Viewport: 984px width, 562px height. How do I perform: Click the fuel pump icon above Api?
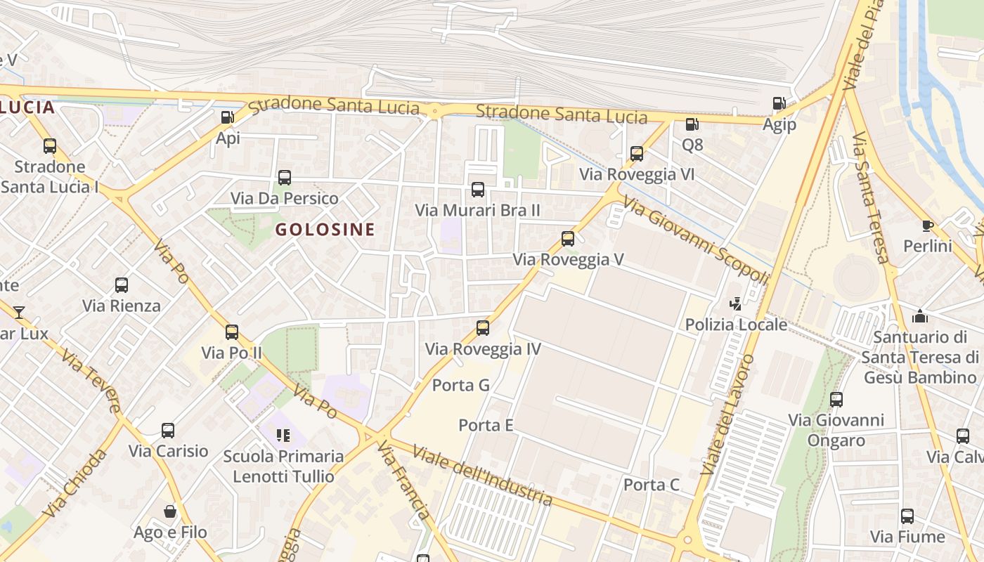point(228,117)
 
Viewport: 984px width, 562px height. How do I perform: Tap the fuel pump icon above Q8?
point(692,124)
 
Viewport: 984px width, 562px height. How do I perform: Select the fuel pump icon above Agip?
point(779,103)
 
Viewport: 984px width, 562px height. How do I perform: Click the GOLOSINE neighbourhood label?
point(325,229)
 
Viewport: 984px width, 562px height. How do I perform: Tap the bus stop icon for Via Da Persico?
point(285,178)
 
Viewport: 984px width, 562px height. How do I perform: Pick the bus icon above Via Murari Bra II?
point(478,189)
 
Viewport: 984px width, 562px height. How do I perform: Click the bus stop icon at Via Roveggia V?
point(568,239)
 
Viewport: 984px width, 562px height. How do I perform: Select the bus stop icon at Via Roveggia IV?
point(483,327)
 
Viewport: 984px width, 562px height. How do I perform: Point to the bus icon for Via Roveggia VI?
point(637,153)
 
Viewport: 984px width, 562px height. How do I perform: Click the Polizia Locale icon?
point(736,303)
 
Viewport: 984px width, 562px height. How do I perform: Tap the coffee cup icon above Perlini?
point(927,226)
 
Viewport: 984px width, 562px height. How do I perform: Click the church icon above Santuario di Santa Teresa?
point(919,316)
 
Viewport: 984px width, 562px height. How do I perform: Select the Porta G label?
point(460,385)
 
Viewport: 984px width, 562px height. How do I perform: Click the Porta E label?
point(486,425)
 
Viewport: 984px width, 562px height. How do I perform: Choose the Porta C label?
point(652,485)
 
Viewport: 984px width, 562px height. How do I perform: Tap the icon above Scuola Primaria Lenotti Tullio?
point(283,436)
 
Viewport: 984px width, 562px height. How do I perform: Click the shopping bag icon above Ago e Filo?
point(169,511)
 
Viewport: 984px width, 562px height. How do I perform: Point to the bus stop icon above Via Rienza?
point(122,285)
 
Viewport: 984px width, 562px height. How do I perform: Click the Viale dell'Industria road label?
point(483,475)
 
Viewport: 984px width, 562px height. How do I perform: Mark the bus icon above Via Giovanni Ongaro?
point(836,400)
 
